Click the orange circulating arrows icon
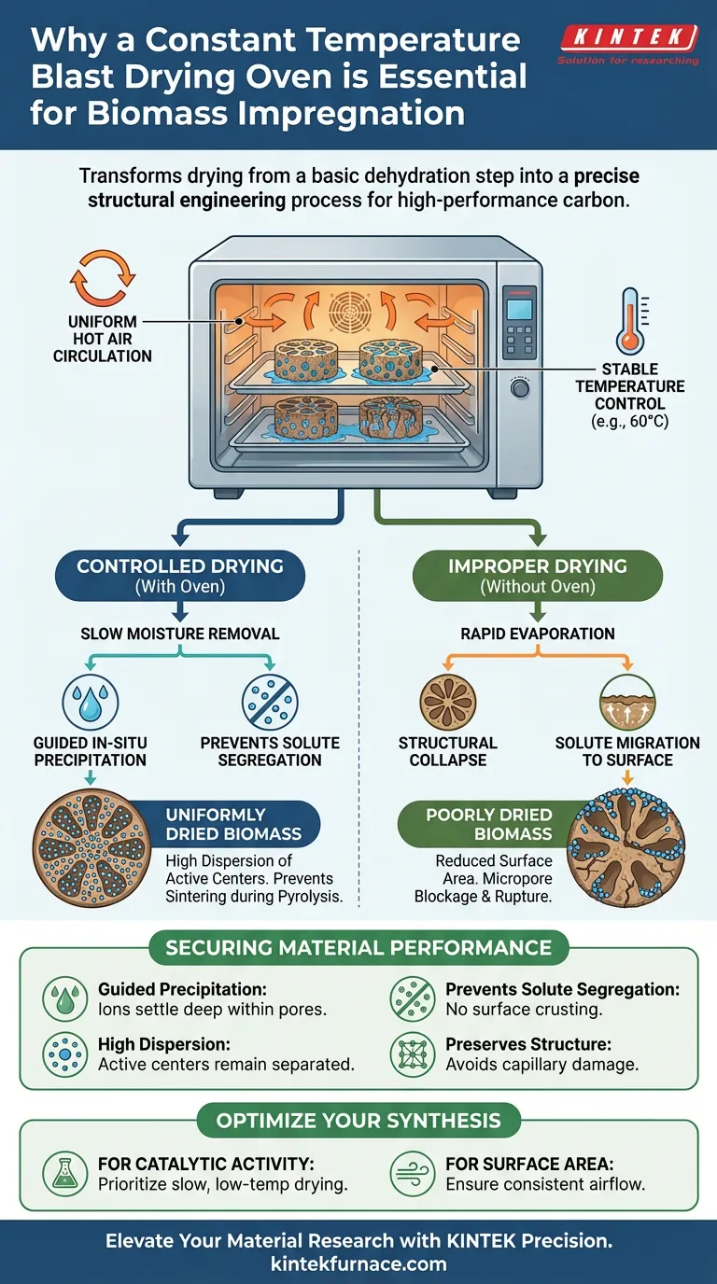coord(103,277)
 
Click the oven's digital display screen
coord(517,310)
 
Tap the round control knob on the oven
coord(518,387)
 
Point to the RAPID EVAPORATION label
coord(538,634)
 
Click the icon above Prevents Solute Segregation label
coord(269,700)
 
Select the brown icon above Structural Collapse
coord(448,700)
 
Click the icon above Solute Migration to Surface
coord(626,700)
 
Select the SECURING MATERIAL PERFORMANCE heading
coord(358,949)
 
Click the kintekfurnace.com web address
coord(358,1265)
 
